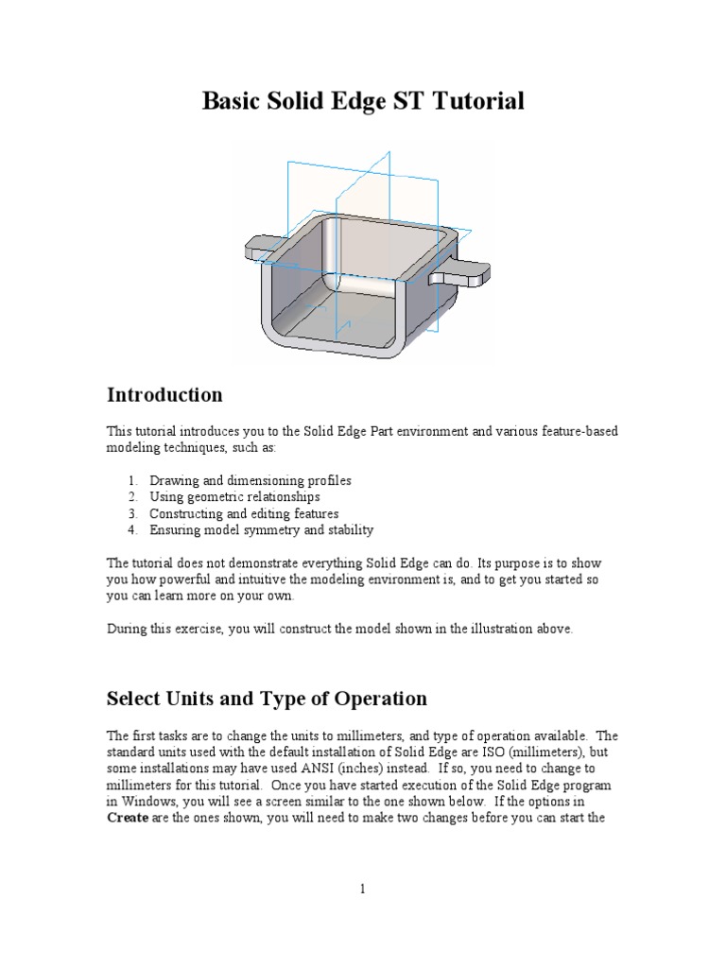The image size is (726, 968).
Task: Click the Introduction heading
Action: click(164, 395)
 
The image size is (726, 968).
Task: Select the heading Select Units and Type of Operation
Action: click(267, 699)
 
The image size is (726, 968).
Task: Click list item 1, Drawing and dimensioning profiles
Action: click(250, 480)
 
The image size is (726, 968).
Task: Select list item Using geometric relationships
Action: click(234, 496)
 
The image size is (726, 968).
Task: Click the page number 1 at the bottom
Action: click(362, 889)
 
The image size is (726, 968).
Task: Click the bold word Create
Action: click(128, 818)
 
